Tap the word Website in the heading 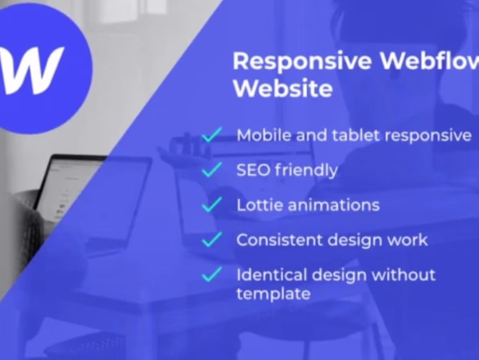point(283,88)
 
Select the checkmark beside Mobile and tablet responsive point(212,135)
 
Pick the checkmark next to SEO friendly point(212,170)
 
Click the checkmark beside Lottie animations point(212,205)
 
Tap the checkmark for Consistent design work point(212,240)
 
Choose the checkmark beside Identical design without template point(212,275)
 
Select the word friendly point(307,170)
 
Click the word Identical point(270,275)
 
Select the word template point(273,293)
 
